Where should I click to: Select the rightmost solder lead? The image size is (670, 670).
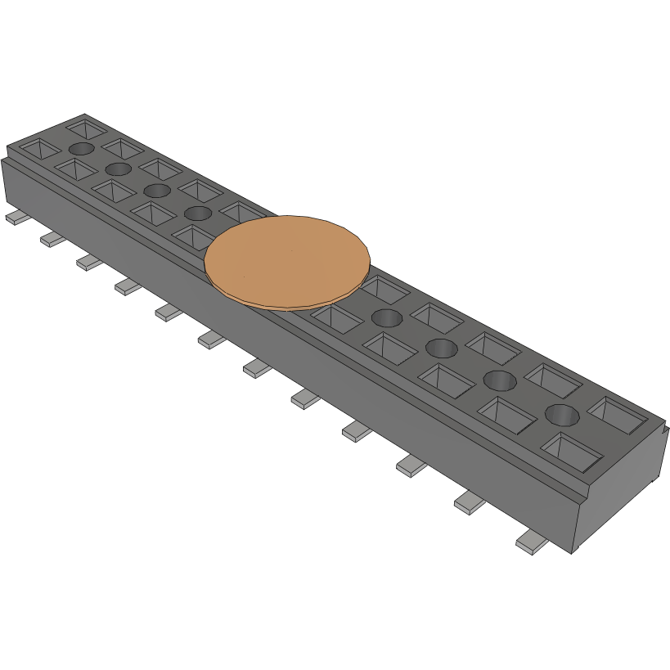[533, 543]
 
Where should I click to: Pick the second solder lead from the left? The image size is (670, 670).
[51, 239]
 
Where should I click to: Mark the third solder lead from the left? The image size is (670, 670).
[89, 262]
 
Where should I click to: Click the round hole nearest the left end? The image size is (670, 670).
[82, 148]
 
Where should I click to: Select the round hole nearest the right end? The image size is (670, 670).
[562, 414]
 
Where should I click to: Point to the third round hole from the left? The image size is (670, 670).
[156, 190]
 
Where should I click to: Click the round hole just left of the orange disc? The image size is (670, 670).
[198, 214]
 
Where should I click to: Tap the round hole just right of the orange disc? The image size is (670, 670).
[386, 317]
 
